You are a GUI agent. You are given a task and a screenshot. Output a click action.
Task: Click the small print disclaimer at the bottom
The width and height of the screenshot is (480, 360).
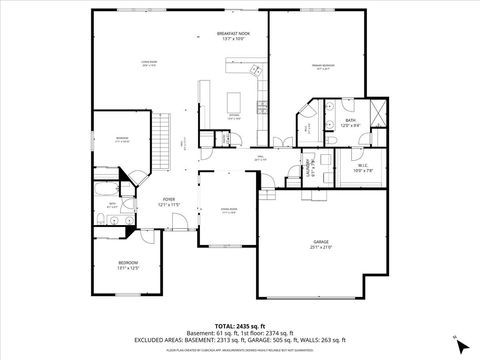[x=239, y=351]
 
